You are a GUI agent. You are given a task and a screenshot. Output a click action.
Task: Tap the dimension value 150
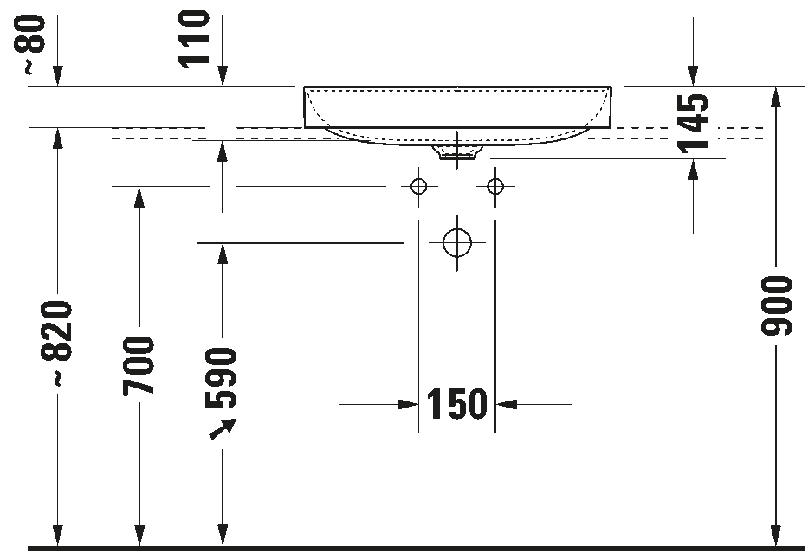tap(457, 404)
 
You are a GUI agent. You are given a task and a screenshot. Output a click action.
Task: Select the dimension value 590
tap(222, 377)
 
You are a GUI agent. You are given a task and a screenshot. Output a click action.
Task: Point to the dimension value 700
tap(139, 366)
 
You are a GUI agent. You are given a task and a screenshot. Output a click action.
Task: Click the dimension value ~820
tap(58, 342)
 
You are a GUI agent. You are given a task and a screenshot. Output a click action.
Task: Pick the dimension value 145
tap(693, 121)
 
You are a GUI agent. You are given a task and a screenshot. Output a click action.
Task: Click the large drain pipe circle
tap(456, 243)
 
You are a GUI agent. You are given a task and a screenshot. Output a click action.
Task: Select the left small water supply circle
tap(419, 186)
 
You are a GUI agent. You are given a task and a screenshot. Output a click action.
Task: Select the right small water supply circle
tap(494, 186)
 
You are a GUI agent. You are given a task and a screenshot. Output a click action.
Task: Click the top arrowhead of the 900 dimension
tap(776, 96)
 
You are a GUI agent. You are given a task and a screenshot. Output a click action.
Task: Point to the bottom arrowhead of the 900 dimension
tap(776, 537)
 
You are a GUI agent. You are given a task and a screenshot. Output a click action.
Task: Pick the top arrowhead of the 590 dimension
tap(223, 253)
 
